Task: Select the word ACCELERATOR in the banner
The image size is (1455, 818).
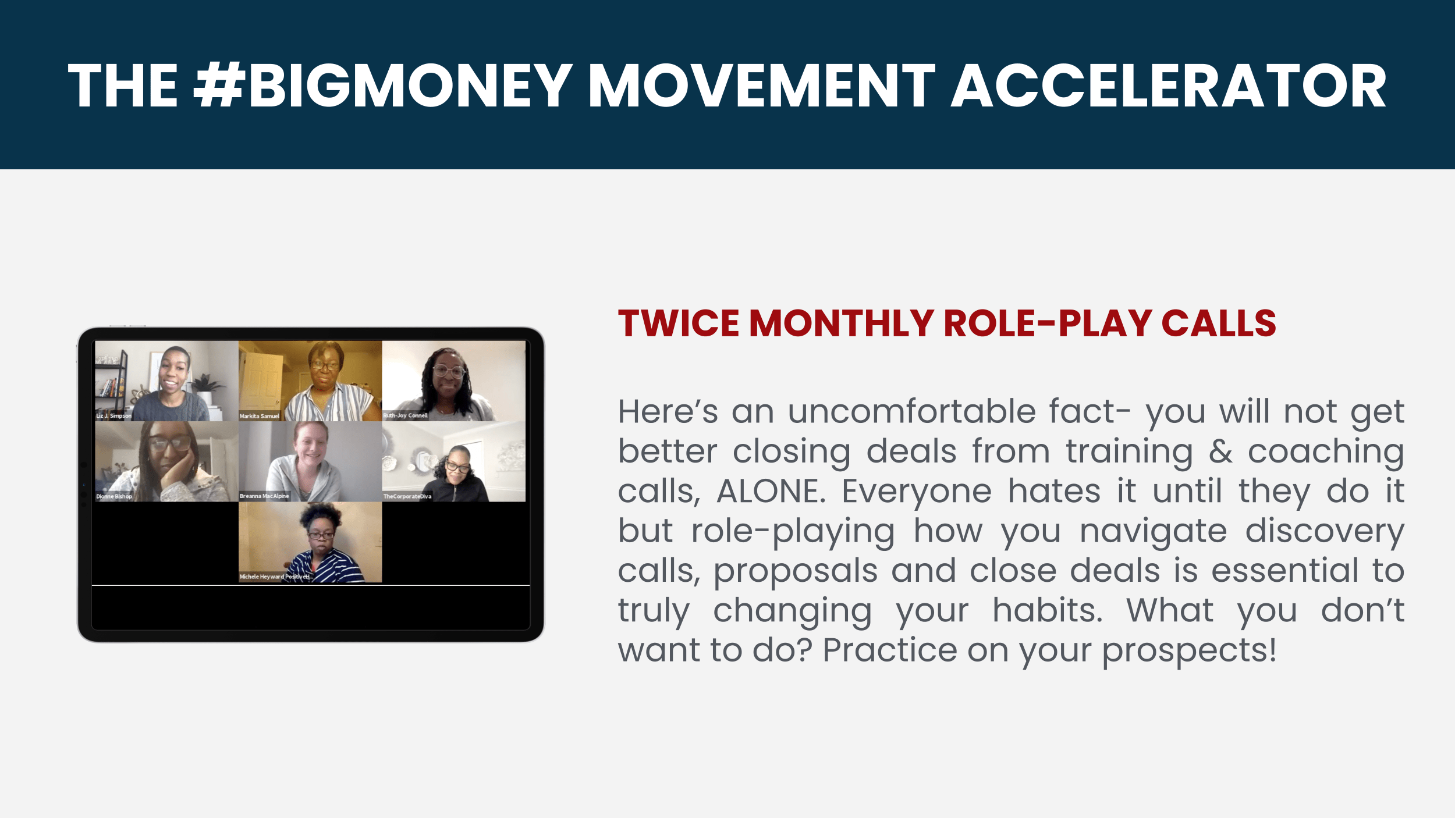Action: click(x=1169, y=86)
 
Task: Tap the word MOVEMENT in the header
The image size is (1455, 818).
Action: click(x=762, y=86)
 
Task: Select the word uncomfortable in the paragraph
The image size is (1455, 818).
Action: click(x=912, y=412)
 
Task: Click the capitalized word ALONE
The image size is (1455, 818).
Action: click(x=771, y=491)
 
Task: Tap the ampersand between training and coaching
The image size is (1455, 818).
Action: click(x=1220, y=451)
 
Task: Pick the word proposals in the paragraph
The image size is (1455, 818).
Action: click(x=796, y=572)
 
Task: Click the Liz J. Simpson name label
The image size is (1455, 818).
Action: click(x=113, y=416)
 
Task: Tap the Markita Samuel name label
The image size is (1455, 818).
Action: click(x=260, y=416)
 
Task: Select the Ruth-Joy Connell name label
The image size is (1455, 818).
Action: click(x=406, y=415)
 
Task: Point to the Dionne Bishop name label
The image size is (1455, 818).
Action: click(x=114, y=496)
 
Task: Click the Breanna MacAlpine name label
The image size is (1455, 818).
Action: click(x=264, y=496)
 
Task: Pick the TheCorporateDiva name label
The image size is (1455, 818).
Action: click(x=407, y=496)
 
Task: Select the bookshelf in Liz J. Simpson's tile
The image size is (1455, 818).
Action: click(x=112, y=382)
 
